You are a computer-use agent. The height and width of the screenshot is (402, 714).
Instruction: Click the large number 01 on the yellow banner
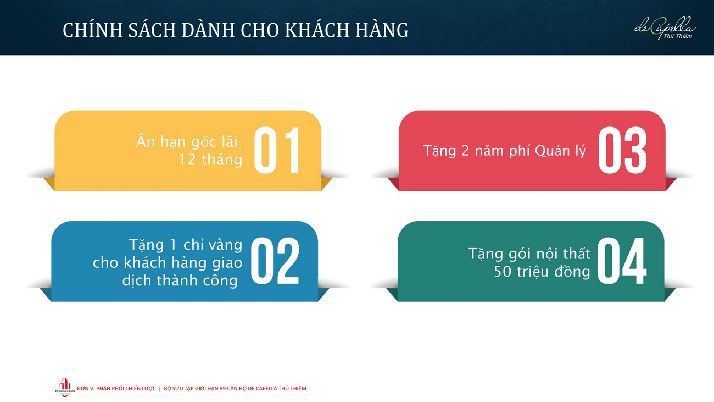277,150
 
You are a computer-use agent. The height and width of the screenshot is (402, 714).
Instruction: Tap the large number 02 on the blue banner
275,261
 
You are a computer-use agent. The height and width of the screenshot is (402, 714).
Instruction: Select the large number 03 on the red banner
622,150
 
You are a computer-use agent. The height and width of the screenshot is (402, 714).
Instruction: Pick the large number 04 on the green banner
622,261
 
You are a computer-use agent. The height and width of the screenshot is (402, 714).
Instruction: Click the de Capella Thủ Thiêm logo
665,29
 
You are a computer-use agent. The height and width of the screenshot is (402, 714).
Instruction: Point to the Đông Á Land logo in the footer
65,387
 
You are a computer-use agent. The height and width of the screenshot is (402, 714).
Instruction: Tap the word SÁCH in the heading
152,30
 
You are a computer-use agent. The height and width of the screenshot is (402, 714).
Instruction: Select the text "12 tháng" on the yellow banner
210,159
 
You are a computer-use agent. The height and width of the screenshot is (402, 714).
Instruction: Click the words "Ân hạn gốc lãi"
187,141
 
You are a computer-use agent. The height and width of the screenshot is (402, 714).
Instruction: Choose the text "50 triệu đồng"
542,272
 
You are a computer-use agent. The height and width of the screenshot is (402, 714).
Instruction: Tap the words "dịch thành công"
180,281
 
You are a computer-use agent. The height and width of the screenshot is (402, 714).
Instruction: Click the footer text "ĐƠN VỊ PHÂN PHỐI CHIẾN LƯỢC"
116,389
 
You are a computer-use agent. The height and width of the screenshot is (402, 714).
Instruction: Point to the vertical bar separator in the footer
160,389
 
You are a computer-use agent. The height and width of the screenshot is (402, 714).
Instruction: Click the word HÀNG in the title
382,30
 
